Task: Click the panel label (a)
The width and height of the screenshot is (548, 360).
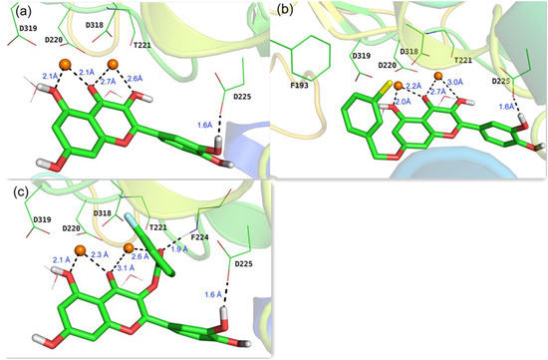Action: (12, 11)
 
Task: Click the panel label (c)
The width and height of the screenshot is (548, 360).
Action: (12, 189)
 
